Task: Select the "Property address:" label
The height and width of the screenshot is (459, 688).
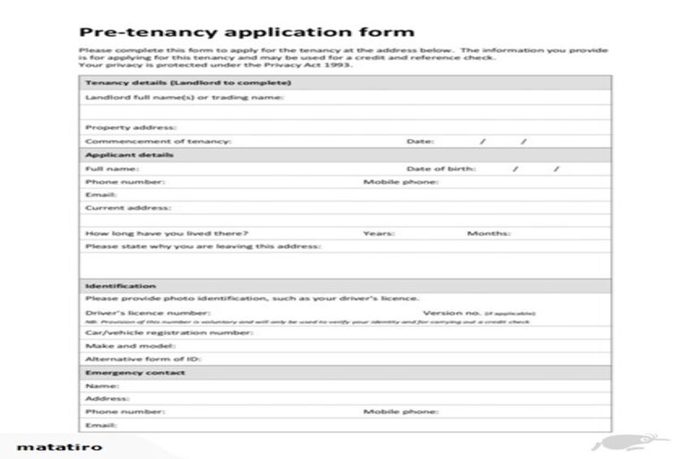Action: pyautogui.click(x=131, y=127)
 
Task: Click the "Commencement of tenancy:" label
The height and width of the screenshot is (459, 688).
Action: pyautogui.click(x=158, y=141)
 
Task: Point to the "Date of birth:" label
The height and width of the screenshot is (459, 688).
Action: pyautogui.click(x=441, y=168)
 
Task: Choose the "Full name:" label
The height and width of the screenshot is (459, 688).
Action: pyautogui.click(x=111, y=168)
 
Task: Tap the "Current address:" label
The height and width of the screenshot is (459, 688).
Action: pyautogui.click(x=127, y=207)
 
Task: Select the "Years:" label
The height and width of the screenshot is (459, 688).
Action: pyautogui.click(x=379, y=234)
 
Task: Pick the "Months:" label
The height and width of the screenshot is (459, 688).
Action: pyautogui.click(x=489, y=234)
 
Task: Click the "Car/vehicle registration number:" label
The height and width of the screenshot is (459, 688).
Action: pyautogui.click(x=169, y=333)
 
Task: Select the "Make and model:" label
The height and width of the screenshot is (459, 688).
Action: pyautogui.click(x=130, y=345)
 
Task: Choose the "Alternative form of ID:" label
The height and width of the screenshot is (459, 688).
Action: pyautogui.click(x=142, y=359)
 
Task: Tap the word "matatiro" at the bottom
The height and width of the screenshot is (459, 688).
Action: pyautogui.click(x=59, y=446)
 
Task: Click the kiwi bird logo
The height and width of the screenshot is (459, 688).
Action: pyautogui.click(x=618, y=445)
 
